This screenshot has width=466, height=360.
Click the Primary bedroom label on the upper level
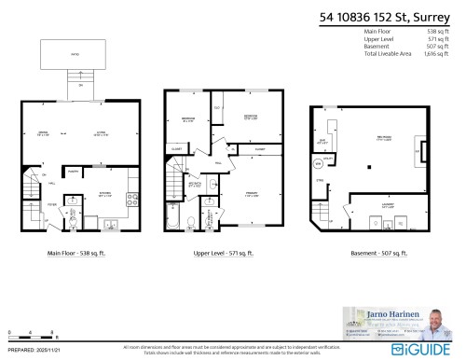tap(251, 195)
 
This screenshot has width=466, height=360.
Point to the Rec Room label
tap(384, 138)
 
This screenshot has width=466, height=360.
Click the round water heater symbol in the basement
tap(318, 161)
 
